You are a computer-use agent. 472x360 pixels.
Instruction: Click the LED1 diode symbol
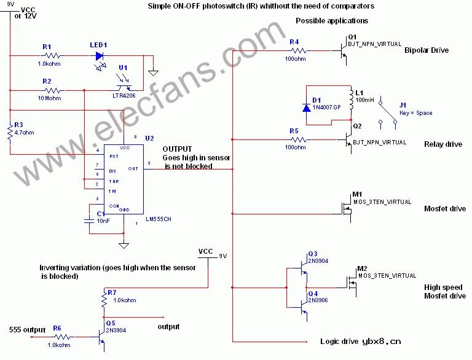(x=100, y=55)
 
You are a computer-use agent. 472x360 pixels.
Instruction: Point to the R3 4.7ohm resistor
(x=10, y=131)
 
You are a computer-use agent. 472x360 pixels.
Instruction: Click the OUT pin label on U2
(x=133, y=168)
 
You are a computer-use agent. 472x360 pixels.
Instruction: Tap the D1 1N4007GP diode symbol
(x=307, y=107)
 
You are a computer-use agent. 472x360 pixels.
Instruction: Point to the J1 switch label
(x=403, y=105)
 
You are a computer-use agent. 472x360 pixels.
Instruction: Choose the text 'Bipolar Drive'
(x=426, y=50)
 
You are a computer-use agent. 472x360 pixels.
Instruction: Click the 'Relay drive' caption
(x=442, y=144)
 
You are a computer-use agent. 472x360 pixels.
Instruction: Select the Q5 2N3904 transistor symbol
(x=100, y=337)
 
